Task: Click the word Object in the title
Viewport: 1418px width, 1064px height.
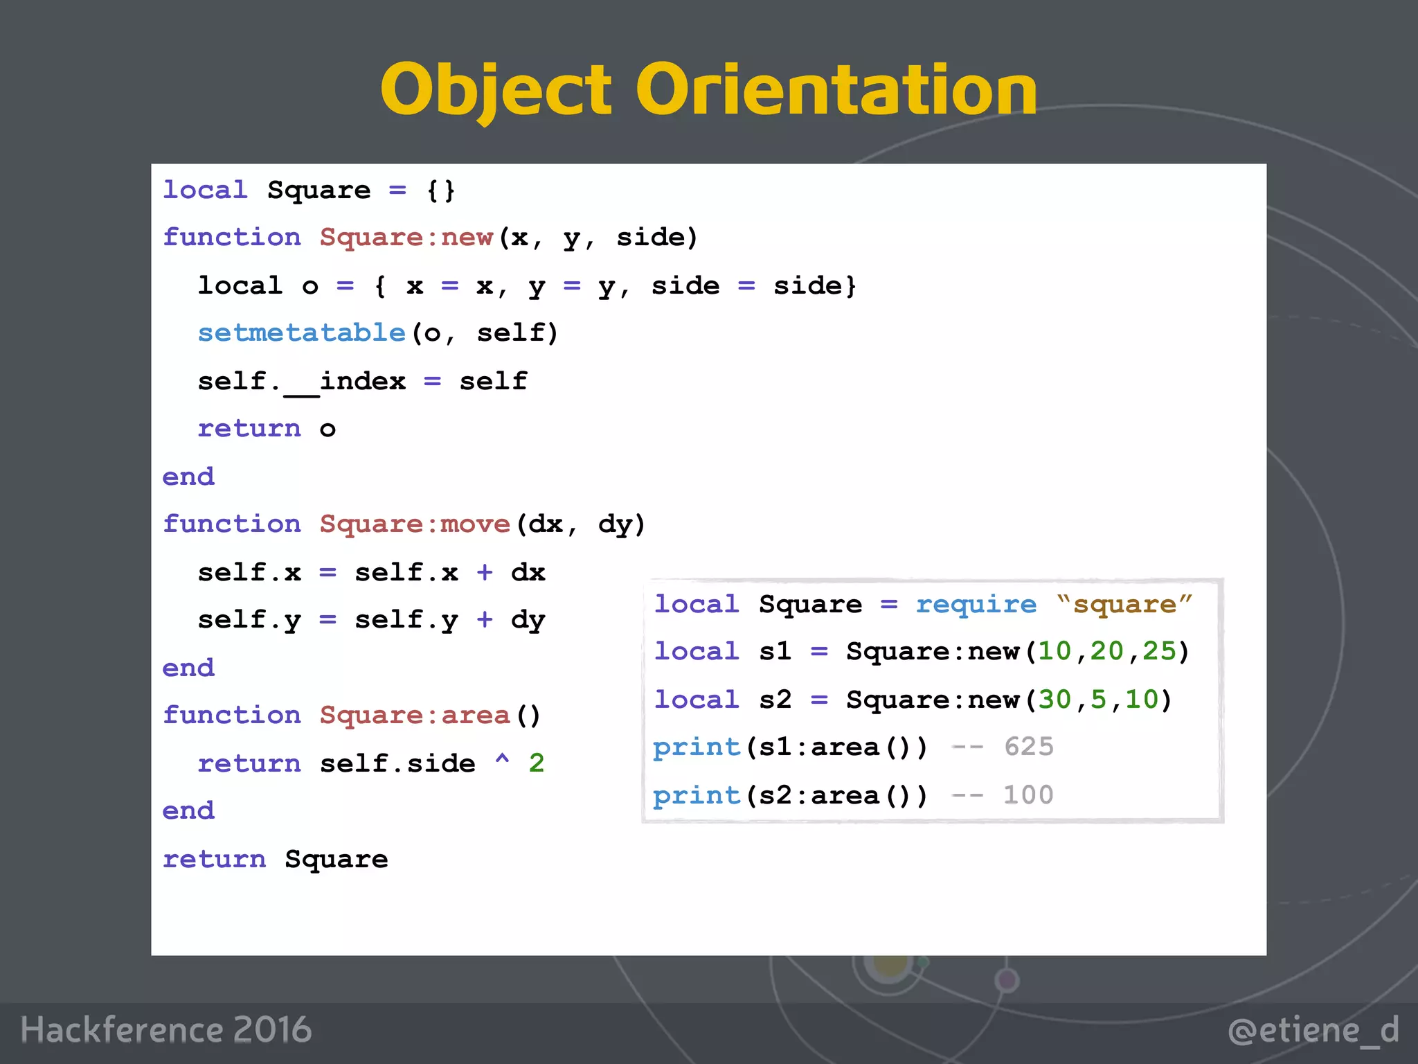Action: [496, 90]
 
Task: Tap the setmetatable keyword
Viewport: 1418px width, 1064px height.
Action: [301, 333]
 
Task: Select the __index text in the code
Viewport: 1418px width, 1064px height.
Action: [345, 382]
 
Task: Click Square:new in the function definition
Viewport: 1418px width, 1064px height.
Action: [406, 238]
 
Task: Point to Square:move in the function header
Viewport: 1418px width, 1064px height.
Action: [415, 524]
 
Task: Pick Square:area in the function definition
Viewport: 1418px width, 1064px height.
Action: [415, 716]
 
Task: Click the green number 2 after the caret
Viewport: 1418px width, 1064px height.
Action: [537, 763]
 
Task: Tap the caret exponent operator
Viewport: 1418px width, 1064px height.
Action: [503, 761]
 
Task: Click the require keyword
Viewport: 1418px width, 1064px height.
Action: [976, 605]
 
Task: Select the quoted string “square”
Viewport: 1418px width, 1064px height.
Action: [1124, 605]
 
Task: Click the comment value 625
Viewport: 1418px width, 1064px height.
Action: [1029, 747]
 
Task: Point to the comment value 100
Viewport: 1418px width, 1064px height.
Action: [1028, 795]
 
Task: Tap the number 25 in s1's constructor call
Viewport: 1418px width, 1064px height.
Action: [1159, 652]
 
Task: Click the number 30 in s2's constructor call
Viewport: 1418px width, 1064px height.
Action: [1054, 700]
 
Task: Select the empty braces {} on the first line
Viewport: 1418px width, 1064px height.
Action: [441, 190]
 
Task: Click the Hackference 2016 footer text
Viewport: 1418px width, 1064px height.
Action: [166, 1030]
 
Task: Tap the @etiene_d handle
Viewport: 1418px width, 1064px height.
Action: [1313, 1031]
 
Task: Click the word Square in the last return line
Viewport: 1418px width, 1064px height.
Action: [336, 860]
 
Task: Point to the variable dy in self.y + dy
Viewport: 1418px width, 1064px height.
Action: [528, 620]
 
